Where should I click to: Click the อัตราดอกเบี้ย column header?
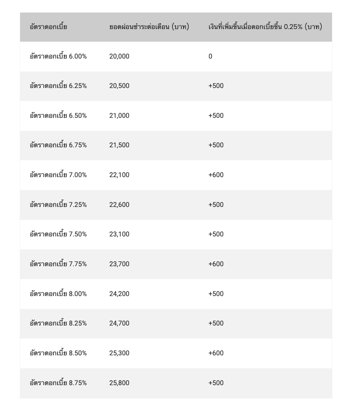point(49,27)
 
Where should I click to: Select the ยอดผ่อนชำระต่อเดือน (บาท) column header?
point(149,27)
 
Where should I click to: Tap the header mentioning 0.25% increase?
point(265,27)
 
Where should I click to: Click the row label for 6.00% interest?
point(58,56)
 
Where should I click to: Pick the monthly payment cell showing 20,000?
point(119,56)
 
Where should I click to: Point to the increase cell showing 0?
point(210,56)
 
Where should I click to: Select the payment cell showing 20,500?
point(119,86)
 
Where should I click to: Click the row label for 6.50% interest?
point(58,116)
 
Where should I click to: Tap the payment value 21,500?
point(119,145)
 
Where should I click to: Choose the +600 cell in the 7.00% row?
point(216,175)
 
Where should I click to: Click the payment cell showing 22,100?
point(119,175)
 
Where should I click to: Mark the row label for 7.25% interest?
point(58,205)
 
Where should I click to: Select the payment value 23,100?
point(119,234)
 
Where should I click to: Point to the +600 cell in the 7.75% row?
point(216,264)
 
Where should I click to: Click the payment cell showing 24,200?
point(119,294)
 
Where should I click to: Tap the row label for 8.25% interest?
point(58,323)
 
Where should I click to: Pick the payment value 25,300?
point(119,353)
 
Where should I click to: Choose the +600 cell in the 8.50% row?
point(216,353)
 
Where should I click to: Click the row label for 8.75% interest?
point(58,383)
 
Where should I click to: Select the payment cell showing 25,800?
point(119,383)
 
